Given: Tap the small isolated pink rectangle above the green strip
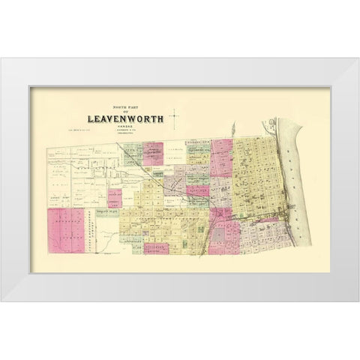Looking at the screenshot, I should [x=115, y=198].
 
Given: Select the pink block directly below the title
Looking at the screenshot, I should [x=153, y=153].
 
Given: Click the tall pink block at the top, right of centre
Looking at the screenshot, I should [x=223, y=157].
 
